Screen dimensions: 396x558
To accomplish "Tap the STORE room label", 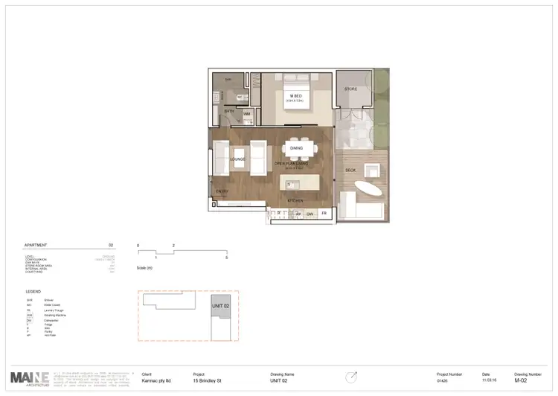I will (352, 89).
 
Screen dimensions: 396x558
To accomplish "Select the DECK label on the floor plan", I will (350, 170).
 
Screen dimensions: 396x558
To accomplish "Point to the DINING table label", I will (295, 148).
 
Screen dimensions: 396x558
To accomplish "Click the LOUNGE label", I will (238, 159).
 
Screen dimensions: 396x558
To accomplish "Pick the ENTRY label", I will (222, 191).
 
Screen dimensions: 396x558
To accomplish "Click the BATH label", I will (229, 111).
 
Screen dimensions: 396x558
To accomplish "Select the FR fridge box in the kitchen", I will (324, 214).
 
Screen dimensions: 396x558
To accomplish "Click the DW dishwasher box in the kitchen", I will (310, 214).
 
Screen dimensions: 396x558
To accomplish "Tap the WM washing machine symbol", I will (246, 115).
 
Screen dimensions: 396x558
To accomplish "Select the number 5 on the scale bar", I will (226, 257).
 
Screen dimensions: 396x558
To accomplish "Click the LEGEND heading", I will (33, 292).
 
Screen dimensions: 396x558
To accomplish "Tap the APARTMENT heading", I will (36, 244).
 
